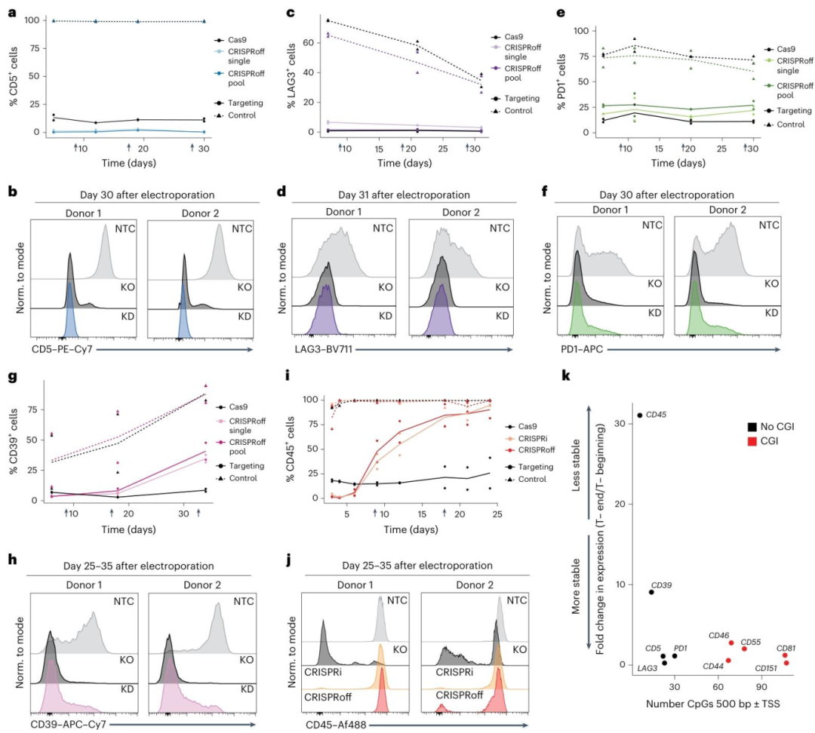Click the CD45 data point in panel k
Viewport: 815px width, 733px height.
click(x=639, y=415)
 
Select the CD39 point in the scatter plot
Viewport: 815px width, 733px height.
click(x=650, y=592)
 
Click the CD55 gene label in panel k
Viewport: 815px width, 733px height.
click(x=751, y=642)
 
